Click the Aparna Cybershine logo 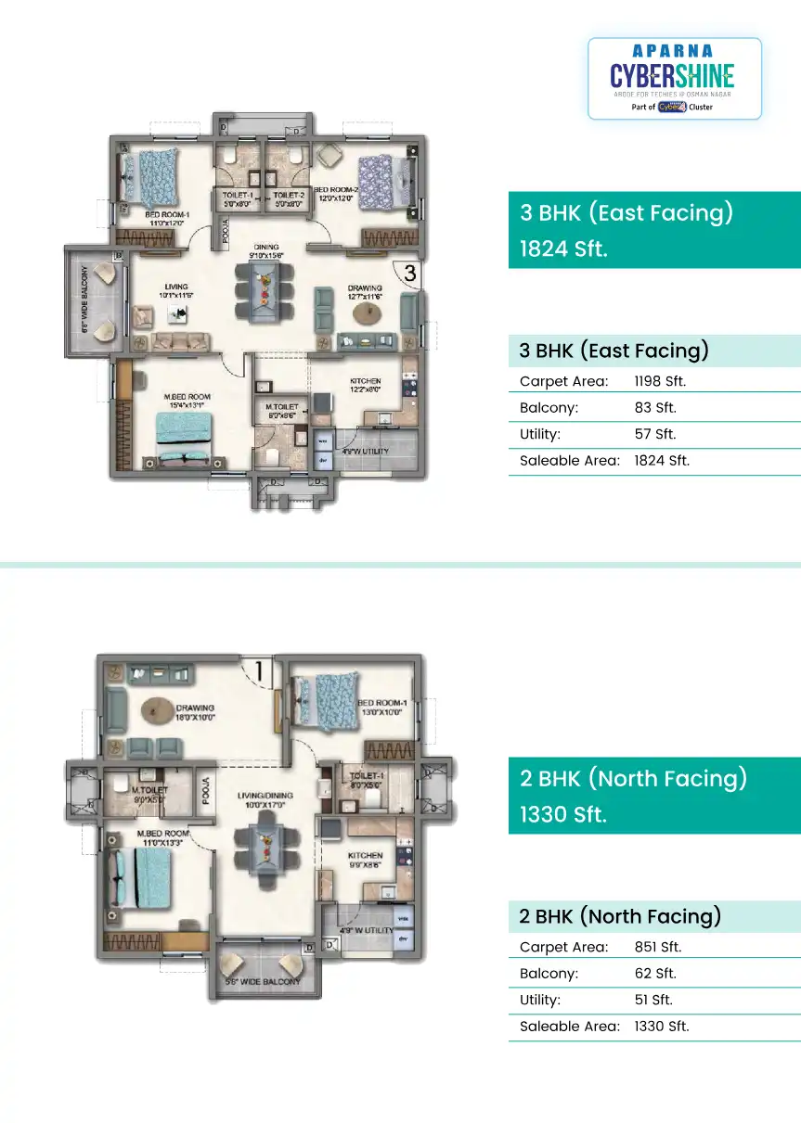pos(674,78)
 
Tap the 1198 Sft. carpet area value pos(660,381)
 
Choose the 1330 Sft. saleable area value pos(662,1027)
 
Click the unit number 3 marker pos(409,273)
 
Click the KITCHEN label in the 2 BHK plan pos(365,855)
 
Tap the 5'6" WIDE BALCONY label pos(264,981)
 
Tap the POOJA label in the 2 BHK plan pos(206,792)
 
